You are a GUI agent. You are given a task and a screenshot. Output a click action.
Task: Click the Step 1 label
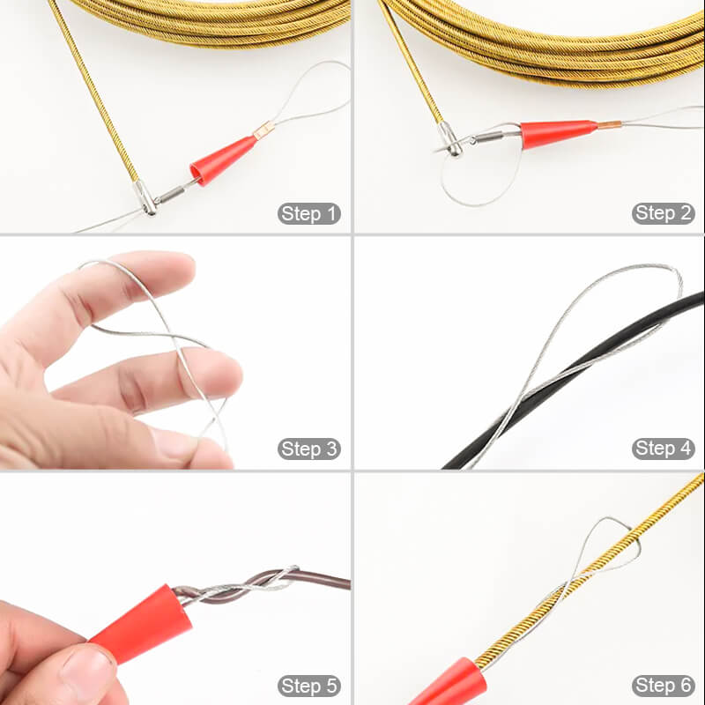[309, 213]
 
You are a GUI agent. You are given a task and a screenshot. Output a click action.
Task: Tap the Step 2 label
[663, 213]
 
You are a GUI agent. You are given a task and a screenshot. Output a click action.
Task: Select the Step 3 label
[309, 449]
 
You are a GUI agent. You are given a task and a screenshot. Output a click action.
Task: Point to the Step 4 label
[663, 449]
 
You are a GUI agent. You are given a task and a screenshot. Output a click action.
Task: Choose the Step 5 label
[309, 686]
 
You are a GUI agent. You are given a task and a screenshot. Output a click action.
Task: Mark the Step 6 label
[663, 686]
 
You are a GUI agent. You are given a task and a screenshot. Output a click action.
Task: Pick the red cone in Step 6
[459, 684]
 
